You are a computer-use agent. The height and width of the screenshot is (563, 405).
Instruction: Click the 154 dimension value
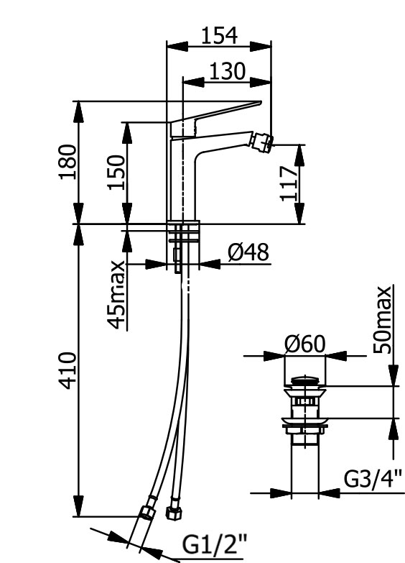(x=219, y=35)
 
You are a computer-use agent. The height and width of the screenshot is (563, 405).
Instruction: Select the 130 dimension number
(x=227, y=71)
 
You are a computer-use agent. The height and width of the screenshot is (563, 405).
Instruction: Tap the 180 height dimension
(x=67, y=162)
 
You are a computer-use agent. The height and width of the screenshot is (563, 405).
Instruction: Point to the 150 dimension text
(x=116, y=172)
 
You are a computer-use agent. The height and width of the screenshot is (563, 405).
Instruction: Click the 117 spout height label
(x=289, y=183)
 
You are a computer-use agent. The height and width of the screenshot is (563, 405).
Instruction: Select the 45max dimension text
(x=116, y=295)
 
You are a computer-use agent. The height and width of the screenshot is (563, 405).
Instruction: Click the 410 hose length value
(x=67, y=371)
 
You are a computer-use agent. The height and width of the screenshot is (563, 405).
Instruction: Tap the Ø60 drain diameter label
(x=304, y=344)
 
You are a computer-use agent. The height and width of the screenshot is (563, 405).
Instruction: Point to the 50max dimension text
(x=382, y=320)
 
